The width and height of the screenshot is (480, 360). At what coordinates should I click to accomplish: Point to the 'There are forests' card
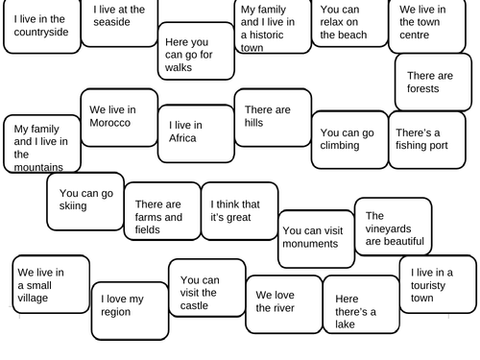click(x=434, y=82)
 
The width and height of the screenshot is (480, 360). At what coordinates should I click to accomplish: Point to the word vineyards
click(x=390, y=228)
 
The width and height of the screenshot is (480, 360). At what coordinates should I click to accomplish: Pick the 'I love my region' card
click(x=129, y=304)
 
